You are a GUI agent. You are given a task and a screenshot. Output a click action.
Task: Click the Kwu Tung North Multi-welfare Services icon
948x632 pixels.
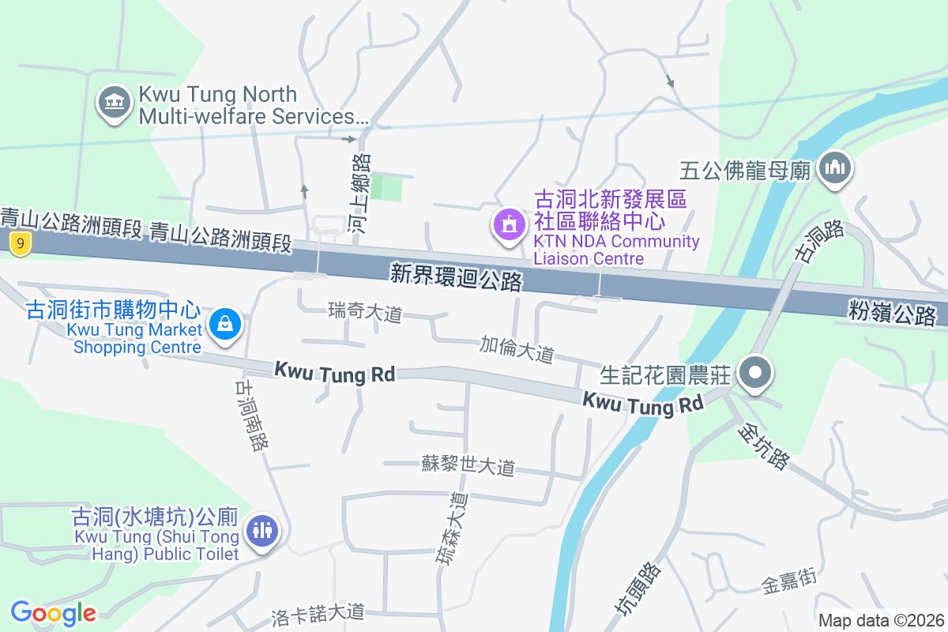(115, 104)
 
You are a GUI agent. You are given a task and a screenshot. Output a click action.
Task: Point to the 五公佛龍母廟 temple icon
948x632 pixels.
(833, 168)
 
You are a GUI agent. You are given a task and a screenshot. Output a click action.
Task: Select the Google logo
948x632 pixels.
(53, 612)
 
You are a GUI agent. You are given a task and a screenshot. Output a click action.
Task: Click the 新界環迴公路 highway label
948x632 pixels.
(457, 276)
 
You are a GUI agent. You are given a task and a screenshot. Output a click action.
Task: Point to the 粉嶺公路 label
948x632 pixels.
(893, 312)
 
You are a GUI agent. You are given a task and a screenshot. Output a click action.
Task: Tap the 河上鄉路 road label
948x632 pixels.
(359, 193)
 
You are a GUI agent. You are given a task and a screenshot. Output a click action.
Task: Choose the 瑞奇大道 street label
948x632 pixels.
(365, 313)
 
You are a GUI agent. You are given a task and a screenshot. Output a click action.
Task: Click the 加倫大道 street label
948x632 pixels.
(517, 348)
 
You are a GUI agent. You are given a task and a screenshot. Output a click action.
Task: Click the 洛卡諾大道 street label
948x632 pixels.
(318, 611)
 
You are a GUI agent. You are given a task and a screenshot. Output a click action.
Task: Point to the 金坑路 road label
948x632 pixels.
(763, 446)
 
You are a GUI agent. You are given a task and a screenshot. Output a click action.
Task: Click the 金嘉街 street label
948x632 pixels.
(788, 583)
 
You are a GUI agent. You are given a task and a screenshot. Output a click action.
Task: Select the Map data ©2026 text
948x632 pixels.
(881, 620)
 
